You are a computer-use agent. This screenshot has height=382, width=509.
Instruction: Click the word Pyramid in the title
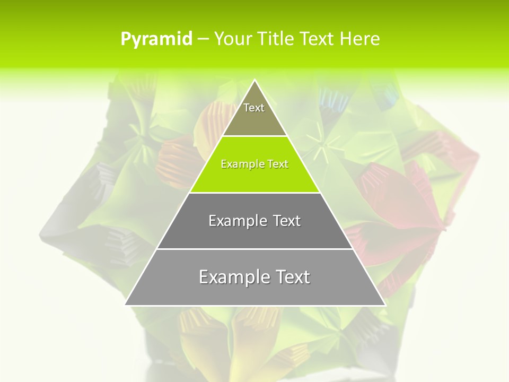[x=156, y=39]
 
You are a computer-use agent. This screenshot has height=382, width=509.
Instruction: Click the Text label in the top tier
[x=254, y=108]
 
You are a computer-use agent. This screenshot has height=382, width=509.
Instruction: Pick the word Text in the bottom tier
[x=291, y=277]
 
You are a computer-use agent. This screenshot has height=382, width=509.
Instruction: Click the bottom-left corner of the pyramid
[x=126, y=305]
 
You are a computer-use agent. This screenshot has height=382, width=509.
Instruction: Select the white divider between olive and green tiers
[x=255, y=136]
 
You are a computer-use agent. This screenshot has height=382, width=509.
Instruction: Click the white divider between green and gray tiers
[x=255, y=193]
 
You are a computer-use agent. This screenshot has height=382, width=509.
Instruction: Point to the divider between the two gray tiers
[x=255, y=249]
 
